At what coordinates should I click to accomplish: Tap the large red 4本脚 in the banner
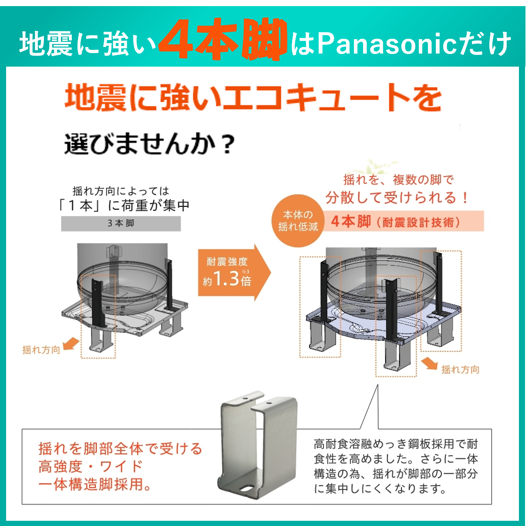[222, 40]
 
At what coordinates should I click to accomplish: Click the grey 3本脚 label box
[121, 223]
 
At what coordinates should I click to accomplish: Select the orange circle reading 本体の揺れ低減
[298, 221]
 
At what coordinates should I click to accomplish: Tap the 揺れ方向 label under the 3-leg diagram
[41, 350]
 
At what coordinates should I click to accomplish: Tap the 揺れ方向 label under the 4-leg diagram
[460, 370]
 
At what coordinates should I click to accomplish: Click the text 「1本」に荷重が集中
[125, 206]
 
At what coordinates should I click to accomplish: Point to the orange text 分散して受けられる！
[397, 198]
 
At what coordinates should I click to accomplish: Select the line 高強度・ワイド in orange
[91, 466]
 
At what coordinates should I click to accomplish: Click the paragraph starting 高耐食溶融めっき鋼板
[396, 466]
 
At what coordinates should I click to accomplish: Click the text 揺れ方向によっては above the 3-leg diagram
[121, 191]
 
